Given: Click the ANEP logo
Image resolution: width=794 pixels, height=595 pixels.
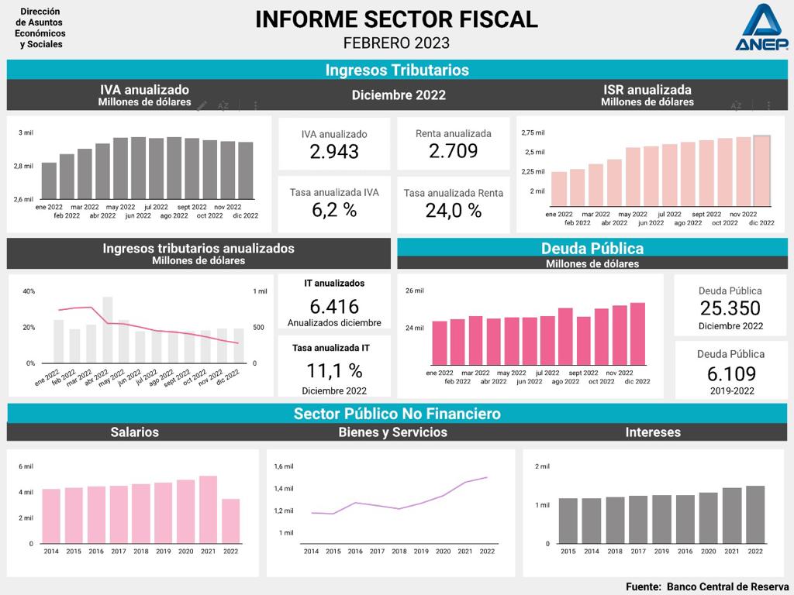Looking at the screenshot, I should tap(761, 28).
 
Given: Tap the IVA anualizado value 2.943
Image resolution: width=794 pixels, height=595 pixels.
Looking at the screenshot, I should tap(334, 151).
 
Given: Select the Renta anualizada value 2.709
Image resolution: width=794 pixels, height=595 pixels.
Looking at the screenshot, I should tap(453, 150).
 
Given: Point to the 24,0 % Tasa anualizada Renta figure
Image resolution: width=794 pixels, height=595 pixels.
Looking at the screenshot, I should tap(453, 210).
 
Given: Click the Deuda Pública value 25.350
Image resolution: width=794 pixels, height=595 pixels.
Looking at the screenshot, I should tap(730, 308).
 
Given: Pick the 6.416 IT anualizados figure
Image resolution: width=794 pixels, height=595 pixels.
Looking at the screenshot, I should tap(334, 305).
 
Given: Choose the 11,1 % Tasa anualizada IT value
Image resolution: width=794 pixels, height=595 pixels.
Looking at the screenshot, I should tap(334, 370).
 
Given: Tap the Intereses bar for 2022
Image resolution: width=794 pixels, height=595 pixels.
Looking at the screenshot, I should tap(754, 514).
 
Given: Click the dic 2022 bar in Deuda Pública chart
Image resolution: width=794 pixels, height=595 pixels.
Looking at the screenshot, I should tap(637, 333).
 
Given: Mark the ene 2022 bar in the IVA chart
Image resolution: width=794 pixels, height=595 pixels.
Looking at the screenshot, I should tap(49, 181).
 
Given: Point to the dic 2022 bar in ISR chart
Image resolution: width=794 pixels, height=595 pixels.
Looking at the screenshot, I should tap(761, 170).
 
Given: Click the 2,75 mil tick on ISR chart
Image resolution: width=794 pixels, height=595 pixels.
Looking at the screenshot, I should tap(533, 132).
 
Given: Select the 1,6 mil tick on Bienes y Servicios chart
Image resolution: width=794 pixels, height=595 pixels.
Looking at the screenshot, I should tap(284, 466).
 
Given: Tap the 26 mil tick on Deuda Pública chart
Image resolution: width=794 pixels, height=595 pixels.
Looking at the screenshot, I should tap(415, 291).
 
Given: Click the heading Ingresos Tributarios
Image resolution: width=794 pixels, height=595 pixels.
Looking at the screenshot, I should tap(397, 70).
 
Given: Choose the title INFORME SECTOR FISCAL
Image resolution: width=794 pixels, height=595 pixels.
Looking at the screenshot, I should tap(396, 19).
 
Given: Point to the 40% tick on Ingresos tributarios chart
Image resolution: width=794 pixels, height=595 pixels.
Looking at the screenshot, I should tap(29, 291).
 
